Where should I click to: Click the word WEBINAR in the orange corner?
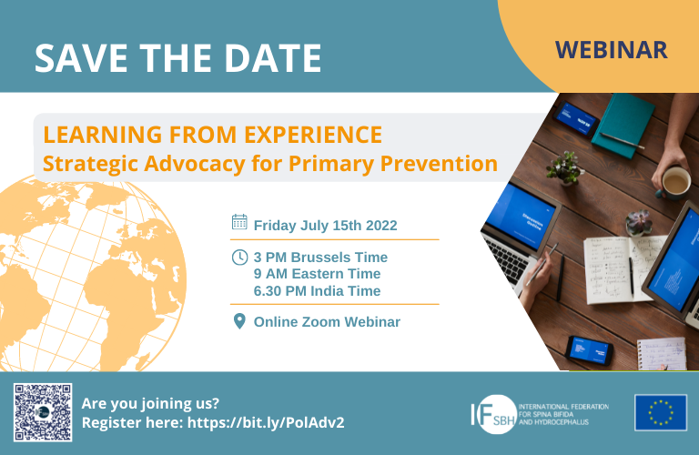tap(611, 48)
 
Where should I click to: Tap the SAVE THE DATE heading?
tap(177, 58)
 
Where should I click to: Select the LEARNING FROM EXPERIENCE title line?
tap(213, 135)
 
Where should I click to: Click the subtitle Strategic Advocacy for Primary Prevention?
tap(270, 165)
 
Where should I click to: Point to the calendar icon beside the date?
tap(239, 222)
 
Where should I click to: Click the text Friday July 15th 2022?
tap(325, 225)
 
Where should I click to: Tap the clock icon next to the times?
tap(239, 257)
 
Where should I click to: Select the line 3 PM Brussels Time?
tap(320, 258)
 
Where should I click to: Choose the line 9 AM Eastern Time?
tap(317, 274)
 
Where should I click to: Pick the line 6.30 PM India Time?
tap(317, 290)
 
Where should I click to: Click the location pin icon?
tap(239, 321)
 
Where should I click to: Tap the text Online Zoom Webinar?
tap(327, 322)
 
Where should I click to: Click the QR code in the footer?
tap(42, 412)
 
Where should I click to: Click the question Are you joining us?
tap(150, 403)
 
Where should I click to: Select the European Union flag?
tap(661, 412)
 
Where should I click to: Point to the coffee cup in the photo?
tap(674, 182)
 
